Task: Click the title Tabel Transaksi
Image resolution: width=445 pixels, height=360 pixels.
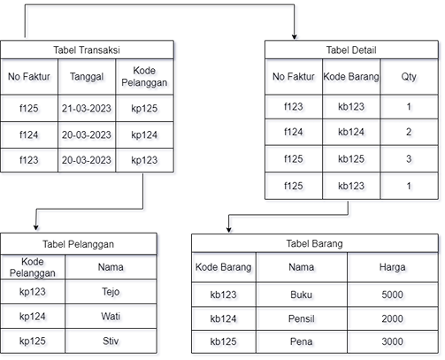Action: (x=87, y=50)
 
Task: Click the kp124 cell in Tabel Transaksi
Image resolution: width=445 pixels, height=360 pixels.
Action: (x=145, y=134)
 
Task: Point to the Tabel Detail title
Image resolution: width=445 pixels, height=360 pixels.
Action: (x=351, y=50)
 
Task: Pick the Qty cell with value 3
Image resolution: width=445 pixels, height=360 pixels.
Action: (x=409, y=160)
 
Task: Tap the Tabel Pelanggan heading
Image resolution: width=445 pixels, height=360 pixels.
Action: (x=78, y=243)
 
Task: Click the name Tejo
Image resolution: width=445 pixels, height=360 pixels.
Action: (x=111, y=290)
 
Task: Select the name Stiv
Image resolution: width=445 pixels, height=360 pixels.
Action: (x=111, y=341)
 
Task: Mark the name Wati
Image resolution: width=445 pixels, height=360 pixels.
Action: (x=111, y=316)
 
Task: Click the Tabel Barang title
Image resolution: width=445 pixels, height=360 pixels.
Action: (x=314, y=243)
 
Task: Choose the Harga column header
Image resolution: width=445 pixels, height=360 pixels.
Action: (x=391, y=265)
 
